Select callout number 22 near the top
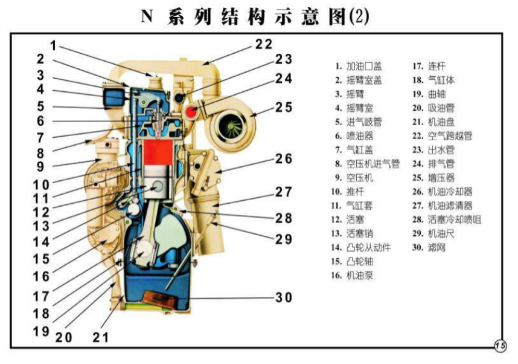click(263, 44)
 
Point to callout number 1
click(53, 45)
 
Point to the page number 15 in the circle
click(500, 345)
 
